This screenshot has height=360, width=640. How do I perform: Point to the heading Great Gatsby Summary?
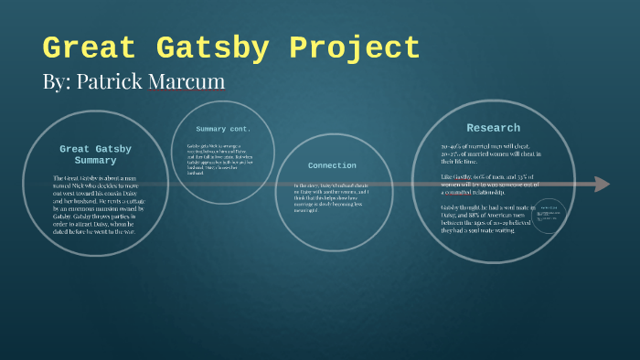pyautogui.click(x=95, y=154)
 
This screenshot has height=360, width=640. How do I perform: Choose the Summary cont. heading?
pyautogui.click(x=223, y=129)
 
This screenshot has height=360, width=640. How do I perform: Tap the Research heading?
pyautogui.click(x=493, y=128)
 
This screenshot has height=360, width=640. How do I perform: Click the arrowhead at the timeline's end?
pyautogui.click(x=601, y=184)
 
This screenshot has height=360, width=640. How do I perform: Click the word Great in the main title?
pyautogui.click(x=86, y=48)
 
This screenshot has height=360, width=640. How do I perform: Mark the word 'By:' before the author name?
pyautogui.click(x=56, y=81)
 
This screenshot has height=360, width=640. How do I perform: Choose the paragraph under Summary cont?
pyautogui.click(x=222, y=160)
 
